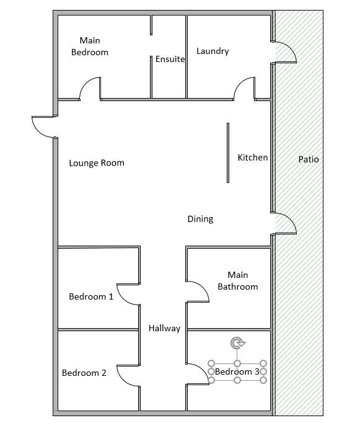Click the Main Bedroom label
90,47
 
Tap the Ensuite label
170,60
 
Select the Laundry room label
213,51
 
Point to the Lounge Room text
97,163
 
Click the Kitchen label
253,158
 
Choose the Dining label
200,219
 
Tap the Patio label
309,159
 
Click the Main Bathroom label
237,280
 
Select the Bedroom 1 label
91,296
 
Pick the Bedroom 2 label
84,373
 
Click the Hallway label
164,328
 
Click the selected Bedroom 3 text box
237,371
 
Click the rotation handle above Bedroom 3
237,343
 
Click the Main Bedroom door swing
90,88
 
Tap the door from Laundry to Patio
284,52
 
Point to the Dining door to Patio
285,223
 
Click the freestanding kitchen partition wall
228,153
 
